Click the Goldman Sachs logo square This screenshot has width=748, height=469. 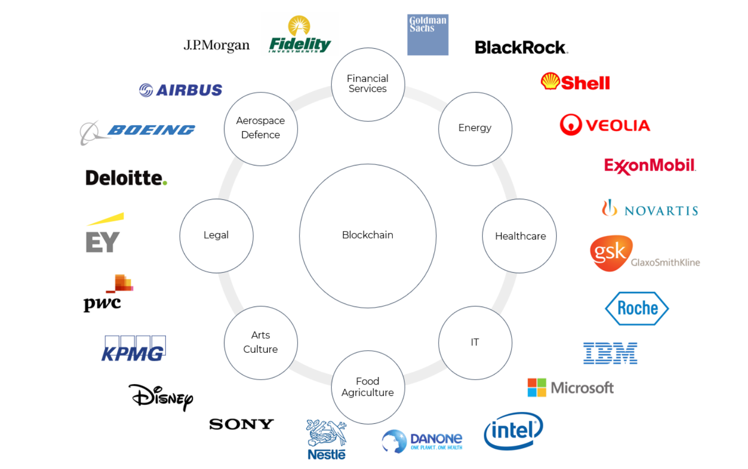tap(428, 34)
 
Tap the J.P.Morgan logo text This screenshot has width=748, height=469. tap(217, 46)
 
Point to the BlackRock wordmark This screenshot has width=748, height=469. tap(521, 48)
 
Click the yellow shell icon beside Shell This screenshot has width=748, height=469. tap(550, 81)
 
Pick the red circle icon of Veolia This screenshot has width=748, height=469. tap(570, 125)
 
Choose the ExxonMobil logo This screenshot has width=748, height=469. tap(650, 165)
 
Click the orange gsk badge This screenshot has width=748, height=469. tap(611, 253)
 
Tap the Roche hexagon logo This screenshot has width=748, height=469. tap(637, 309)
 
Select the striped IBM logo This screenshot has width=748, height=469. tap(610, 353)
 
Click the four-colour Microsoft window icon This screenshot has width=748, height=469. tap(536, 388)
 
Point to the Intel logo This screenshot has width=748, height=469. tap(513, 431)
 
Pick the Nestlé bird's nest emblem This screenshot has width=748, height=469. tap(326, 433)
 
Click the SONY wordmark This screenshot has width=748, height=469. tap(241, 424)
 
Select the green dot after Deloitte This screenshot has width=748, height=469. tap(165, 183)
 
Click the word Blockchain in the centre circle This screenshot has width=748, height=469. tap(368, 235)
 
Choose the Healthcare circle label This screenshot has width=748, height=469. tap(520, 236)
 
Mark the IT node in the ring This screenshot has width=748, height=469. tap(475, 342)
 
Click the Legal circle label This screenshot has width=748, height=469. tap(216, 235)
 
